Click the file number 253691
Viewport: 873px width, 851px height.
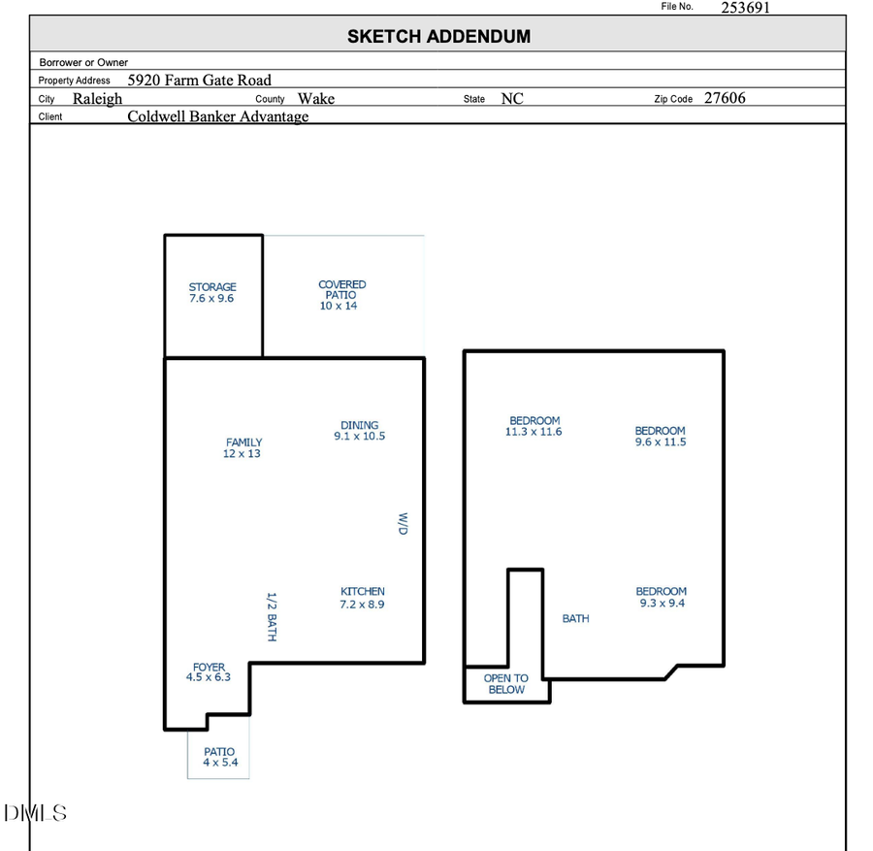click(x=745, y=8)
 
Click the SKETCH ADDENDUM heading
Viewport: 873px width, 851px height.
click(x=438, y=37)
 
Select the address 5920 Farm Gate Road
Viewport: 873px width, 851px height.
click(x=200, y=80)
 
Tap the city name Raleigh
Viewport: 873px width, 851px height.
click(x=97, y=98)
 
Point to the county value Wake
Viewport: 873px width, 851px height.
click(x=316, y=98)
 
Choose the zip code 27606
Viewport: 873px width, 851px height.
click(x=725, y=98)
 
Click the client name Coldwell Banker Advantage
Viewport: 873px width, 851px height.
click(x=218, y=116)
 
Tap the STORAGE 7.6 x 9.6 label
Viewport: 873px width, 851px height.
click(x=212, y=293)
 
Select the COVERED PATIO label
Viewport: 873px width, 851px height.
click(x=341, y=295)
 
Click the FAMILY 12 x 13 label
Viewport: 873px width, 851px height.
click(x=242, y=448)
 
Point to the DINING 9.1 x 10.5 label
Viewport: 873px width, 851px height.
click(x=359, y=431)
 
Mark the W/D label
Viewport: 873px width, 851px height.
click(x=403, y=524)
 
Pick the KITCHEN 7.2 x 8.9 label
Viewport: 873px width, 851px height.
click(x=362, y=598)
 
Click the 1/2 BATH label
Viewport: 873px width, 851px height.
click(x=273, y=616)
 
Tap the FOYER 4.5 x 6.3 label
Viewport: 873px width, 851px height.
click(x=209, y=672)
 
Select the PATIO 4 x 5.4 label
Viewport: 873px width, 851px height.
click(x=219, y=758)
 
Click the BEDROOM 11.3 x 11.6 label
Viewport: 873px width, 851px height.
click(x=534, y=426)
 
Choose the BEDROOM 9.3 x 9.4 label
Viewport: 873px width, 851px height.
click(x=662, y=597)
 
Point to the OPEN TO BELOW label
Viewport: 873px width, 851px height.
click(x=506, y=684)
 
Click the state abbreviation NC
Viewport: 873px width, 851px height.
click(x=512, y=98)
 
